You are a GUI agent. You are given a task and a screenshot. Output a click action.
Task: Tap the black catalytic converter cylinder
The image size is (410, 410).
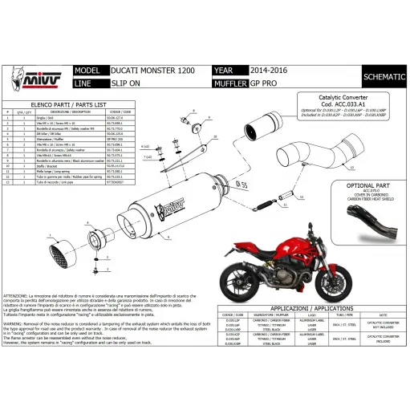click(258, 127)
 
